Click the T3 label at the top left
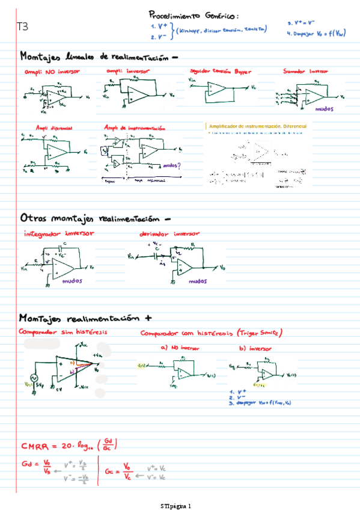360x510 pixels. tap(22, 27)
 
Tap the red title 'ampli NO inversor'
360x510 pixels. tap(52, 71)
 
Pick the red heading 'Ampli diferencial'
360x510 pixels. tap(53, 129)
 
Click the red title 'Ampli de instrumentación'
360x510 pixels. tap(135, 128)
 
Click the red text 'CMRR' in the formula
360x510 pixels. tap(36, 446)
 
